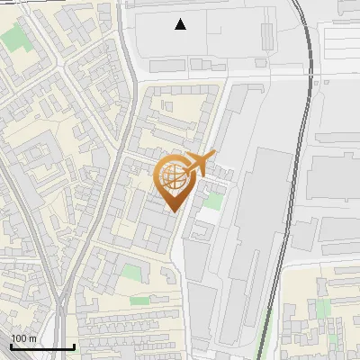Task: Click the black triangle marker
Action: (181, 24)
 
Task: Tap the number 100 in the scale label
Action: (20, 338)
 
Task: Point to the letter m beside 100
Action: (32, 338)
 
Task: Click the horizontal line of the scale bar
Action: (41, 346)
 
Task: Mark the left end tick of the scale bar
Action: (10, 345)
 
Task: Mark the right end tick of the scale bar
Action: (74, 345)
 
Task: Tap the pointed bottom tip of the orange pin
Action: (173, 211)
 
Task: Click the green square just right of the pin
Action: (212, 201)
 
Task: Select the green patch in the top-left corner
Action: (13, 37)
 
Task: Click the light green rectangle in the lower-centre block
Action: (131, 272)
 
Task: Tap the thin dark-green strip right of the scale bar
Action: (139, 301)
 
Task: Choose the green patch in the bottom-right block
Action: (323, 309)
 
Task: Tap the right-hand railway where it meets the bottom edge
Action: (262, 355)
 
